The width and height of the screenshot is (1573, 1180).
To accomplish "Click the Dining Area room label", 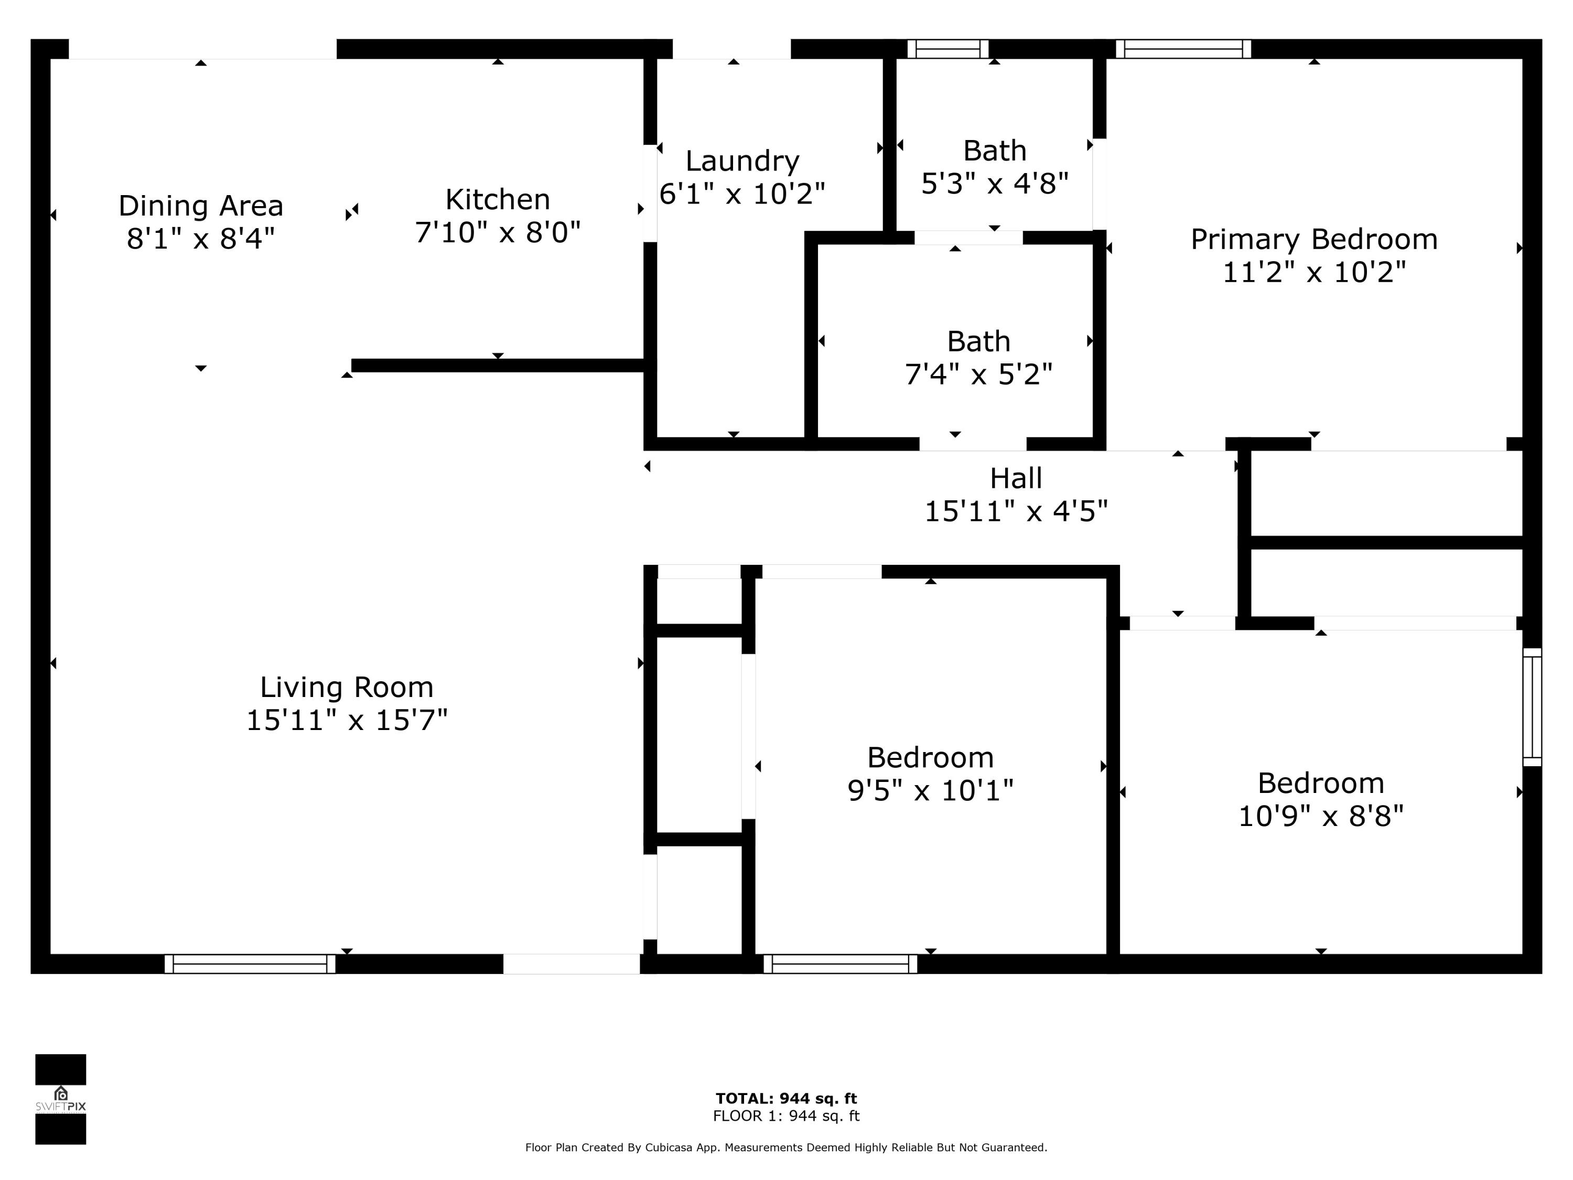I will click(200, 206).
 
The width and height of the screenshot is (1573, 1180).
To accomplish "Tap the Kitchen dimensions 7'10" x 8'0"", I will click(498, 232).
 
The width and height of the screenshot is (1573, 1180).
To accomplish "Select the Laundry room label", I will click(742, 162).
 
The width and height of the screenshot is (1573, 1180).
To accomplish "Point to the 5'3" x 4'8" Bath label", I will click(994, 168).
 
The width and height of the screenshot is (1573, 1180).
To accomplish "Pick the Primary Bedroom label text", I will click(1313, 240).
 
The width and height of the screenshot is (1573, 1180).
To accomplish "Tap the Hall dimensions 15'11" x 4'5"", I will click(1016, 511).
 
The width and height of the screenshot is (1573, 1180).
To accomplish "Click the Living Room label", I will click(346, 688).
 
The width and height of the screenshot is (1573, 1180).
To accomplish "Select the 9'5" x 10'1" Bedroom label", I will click(930, 774).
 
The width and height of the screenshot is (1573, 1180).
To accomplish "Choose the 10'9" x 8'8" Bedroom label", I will click(1321, 799).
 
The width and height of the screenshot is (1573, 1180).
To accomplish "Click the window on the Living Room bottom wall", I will click(250, 964).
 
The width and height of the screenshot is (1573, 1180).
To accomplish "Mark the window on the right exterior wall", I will click(1532, 707).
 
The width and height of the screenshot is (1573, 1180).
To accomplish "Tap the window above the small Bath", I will click(948, 49).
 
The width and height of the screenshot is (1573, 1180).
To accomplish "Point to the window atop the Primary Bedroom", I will click(1183, 49).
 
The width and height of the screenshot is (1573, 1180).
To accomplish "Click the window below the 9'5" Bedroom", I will click(840, 964).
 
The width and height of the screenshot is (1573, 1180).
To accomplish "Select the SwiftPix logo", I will click(60, 1099).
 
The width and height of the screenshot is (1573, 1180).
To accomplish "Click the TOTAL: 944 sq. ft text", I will click(786, 1098).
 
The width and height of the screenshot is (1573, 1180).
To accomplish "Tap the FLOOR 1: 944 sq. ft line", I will click(786, 1116).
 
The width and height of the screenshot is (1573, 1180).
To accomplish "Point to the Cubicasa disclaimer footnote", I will click(786, 1147).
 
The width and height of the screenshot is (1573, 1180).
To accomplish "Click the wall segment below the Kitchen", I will click(498, 366).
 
